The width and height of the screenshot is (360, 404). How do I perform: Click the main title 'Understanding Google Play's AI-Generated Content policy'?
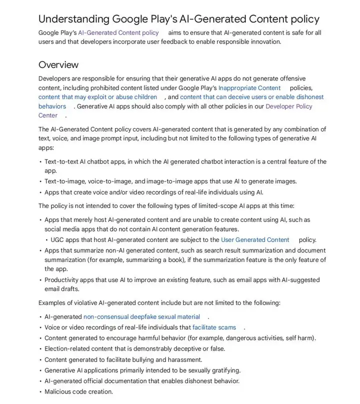pyautogui.click(x=178, y=19)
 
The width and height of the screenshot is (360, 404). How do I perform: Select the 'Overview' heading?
pyautogui.click(x=58, y=64)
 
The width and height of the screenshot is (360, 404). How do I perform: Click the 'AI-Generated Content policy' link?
pyautogui.click(x=118, y=32)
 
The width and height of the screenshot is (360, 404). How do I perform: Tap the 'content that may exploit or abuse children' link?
pyautogui.click(x=98, y=97)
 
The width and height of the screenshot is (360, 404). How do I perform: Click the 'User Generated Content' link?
pyautogui.click(x=255, y=239)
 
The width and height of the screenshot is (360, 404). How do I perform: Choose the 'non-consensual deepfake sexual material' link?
pyautogui.click(x=141, y=316)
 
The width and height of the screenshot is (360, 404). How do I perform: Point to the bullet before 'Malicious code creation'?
pyautogui.click(x=40, y=391)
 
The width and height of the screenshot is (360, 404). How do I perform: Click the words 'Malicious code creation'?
pyautogui.click(x=79, y=391)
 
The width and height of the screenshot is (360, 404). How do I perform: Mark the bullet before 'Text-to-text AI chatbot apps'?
pyautogui.click(x=40, y=161)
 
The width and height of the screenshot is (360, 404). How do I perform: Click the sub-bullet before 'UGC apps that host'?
pyautogui.click(x=46, y=239)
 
